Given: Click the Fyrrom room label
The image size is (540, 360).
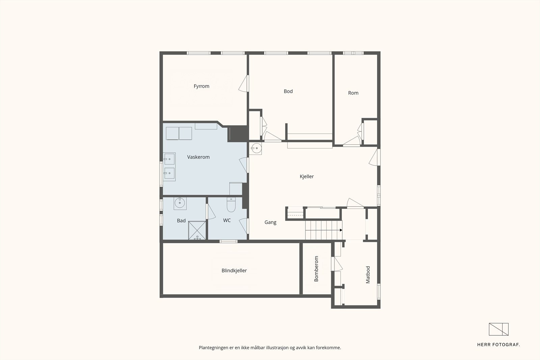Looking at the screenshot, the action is click(x=201, y=86).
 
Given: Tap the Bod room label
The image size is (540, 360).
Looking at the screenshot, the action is click(x=288, y=91).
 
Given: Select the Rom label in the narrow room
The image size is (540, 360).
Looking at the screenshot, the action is click(x=353, y=93).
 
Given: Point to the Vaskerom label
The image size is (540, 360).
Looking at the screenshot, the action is click(x=198, y=157).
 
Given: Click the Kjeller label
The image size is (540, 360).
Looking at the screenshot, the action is click(x=307, y=176).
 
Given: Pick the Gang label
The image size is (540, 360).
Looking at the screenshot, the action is click(x=270, y=222).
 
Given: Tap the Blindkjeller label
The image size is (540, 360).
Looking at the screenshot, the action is click(x=234, y=271).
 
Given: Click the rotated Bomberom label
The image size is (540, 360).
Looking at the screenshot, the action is click(x=316, y=269).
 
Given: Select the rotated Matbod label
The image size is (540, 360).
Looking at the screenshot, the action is click(x=368, y=275).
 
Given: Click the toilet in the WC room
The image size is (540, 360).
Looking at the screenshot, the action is click(x=231, y=204).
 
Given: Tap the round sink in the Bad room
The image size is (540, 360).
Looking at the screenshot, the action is click(x=180, y=203).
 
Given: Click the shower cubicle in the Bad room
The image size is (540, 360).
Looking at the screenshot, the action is click(x=197, y=230).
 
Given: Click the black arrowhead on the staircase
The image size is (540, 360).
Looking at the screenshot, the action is click(x=341, y=230).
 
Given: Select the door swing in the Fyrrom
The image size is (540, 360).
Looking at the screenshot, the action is click(x=243, y=83).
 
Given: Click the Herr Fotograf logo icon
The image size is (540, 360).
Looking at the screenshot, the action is click(x=498, y=329).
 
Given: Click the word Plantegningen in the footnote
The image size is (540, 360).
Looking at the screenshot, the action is click(x=214, y=348).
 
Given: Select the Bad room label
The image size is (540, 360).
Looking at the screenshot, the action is click(x=181, y=221).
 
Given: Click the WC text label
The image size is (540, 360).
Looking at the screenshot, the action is click(x=227, y=220).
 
